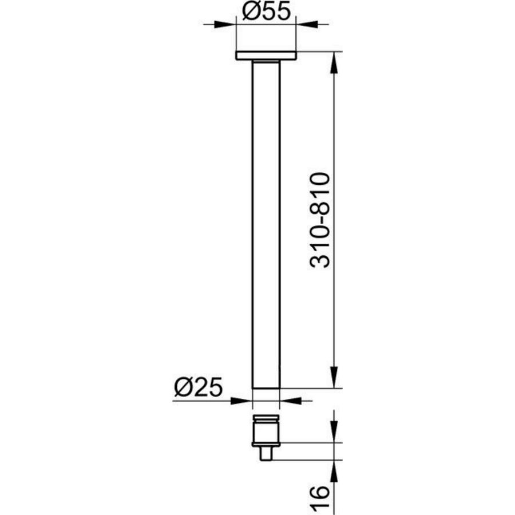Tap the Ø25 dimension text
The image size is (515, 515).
point(197,389)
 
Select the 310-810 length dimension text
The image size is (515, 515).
point(321,220)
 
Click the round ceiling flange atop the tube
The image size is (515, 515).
point(266,56)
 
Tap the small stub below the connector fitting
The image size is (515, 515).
point(266,454)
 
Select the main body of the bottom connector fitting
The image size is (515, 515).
point(266,432)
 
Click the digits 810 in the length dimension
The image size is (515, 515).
point(321,192)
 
